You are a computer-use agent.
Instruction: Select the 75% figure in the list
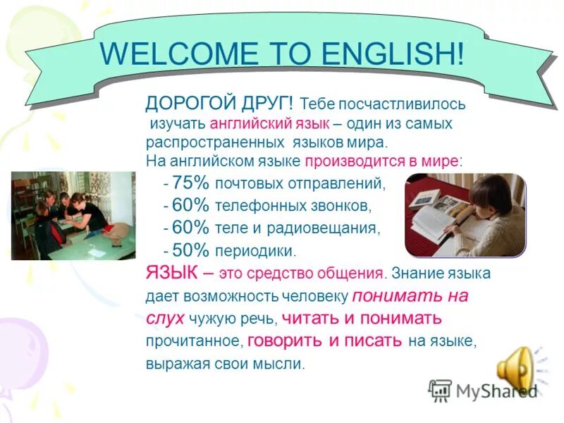point(190,183)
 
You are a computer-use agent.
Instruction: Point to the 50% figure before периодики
point(190,250)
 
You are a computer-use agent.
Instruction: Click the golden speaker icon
point(518,367)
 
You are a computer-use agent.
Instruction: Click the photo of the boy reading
point(465,215)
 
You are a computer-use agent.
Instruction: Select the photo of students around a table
point(73,216)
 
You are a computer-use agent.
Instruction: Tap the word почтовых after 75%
point(250,184)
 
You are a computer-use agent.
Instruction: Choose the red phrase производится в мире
point(381,161)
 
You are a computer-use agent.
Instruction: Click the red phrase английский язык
point(270,123)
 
